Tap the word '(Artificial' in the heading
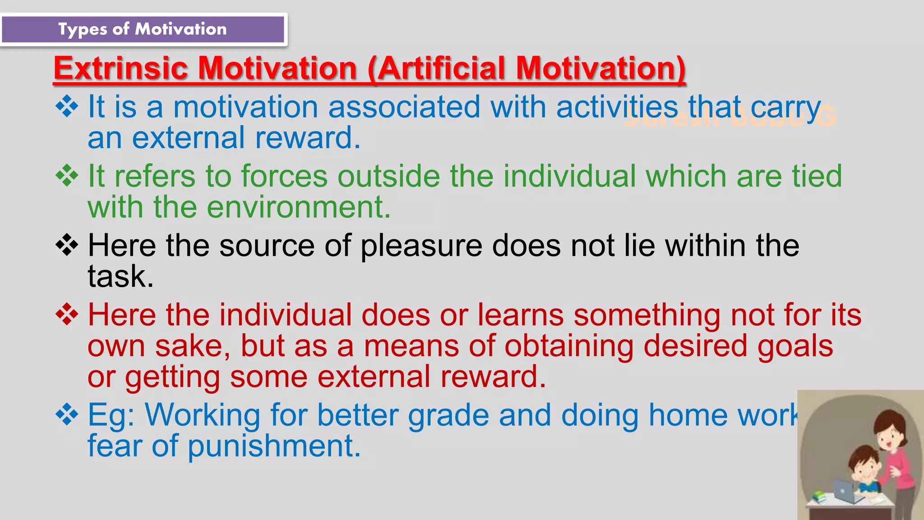pyautogui.click(x=436, y=69)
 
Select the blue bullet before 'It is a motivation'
pyautogui.click(x=67, y=107)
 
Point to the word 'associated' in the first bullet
pyautogui.click(x=404, y=107)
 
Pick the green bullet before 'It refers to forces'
pyautogui.click(x=67, y=176)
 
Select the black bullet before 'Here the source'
pyautogui.click(x=67, y=245)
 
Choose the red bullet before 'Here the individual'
pyautogui.click(x=67, y=314)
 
